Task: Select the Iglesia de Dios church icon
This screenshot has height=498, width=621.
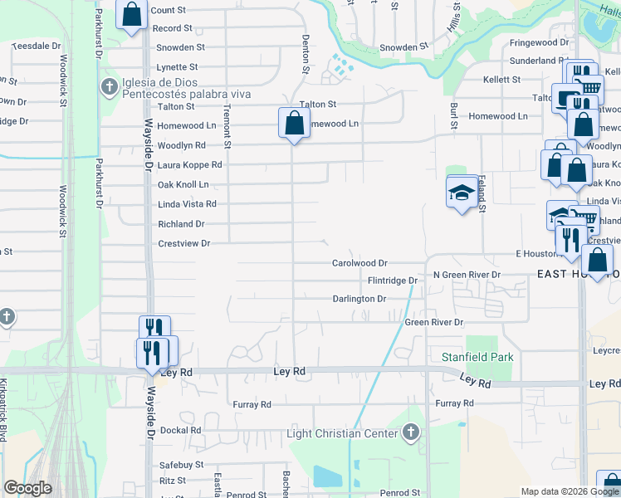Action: (x=110, y=86)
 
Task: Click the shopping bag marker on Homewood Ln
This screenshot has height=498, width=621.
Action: (x=294, y=124)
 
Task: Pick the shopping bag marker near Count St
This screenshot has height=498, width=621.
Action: (x=132, y=14)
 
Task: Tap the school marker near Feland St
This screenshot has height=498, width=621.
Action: (x=462, y=193)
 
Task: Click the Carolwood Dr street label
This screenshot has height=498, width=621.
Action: (x=360, y=263)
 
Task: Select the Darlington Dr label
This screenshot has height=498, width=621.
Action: (x=359, y=299)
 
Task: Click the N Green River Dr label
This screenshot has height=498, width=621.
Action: (x=467, y=275)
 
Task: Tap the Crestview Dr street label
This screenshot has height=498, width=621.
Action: (x=184, y=243)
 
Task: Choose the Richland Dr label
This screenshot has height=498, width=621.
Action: (x=181, y=224)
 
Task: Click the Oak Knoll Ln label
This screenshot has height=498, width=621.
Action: (x=183, y=184)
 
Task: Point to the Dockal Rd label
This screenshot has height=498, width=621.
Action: (x=181, y=430)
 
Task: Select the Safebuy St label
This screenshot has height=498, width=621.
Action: (x=181, y=465)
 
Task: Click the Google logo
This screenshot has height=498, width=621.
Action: (x=27, y=488)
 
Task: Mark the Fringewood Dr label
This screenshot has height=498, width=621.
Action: (x=539, y=41)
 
